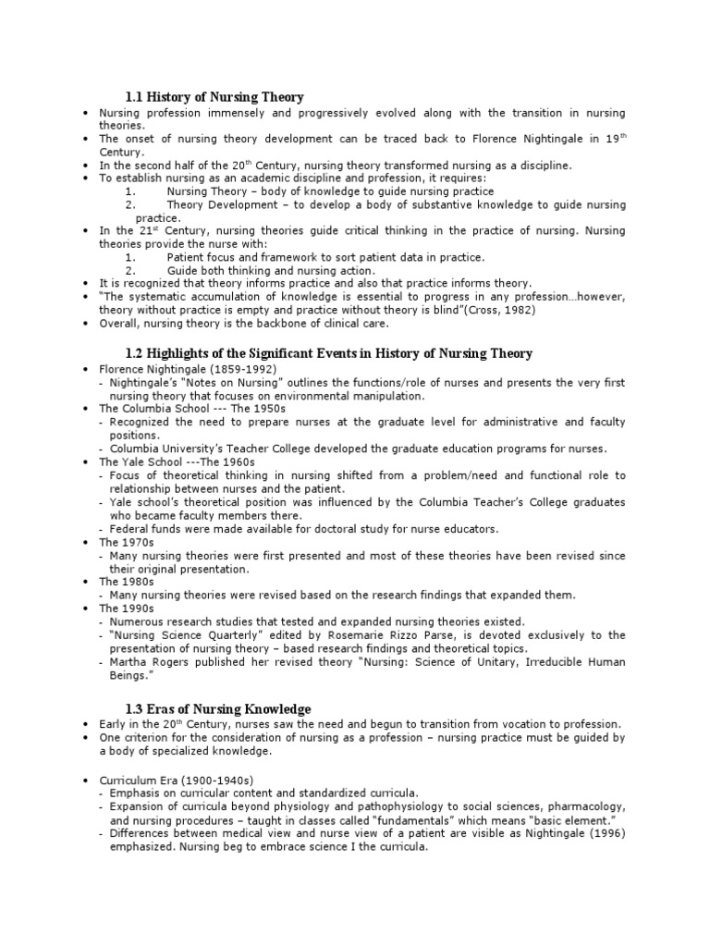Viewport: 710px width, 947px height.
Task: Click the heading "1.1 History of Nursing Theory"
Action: tap(214, 97)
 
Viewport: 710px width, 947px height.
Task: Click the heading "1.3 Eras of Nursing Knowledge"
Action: tap(218, 709)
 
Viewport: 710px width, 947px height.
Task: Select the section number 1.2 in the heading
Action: tap(134, 354)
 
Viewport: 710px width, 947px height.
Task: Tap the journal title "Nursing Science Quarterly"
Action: tap(175, 635)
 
